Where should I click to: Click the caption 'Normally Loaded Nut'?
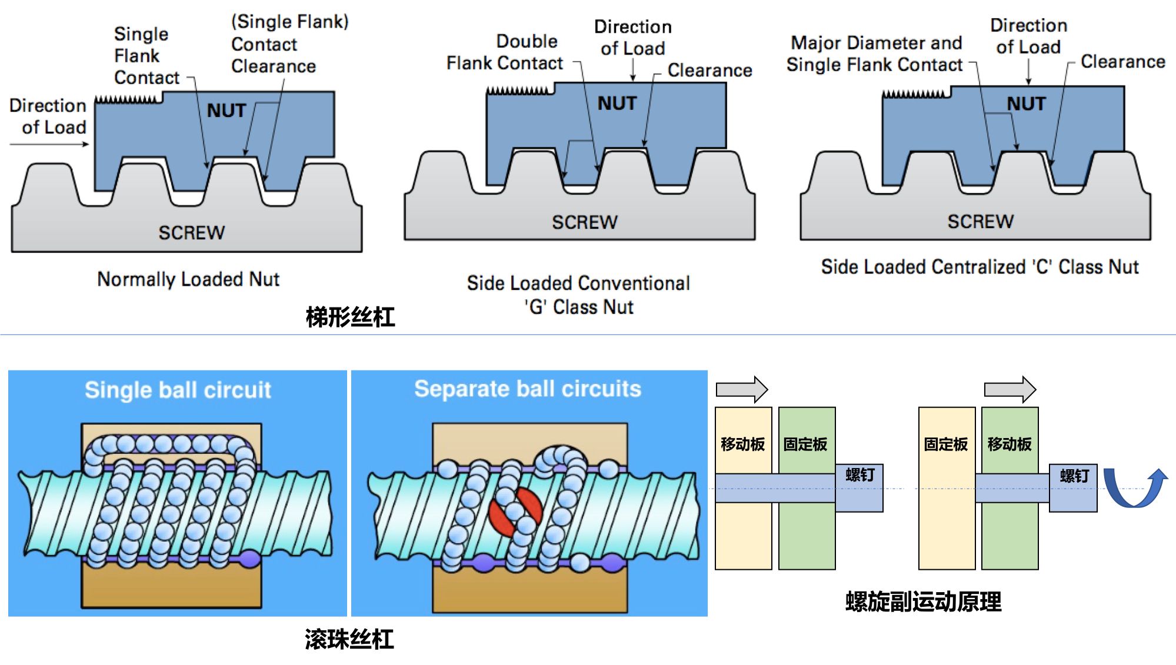tap(188, 279)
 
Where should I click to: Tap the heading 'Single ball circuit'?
tap(178, 390)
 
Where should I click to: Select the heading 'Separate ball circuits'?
tap(528, 389)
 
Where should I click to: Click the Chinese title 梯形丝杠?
tap(350, 318)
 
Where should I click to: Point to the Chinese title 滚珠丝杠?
tap(349, 640)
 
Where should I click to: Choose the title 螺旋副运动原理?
tap(923, 602)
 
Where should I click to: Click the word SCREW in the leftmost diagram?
tap(191, 233)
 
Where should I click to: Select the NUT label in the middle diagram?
tap(617, 103)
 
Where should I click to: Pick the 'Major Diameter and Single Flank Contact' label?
tap(875, 54)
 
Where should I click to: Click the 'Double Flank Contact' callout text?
tap(505, 52)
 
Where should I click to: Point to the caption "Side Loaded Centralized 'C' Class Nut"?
tap(980, 267)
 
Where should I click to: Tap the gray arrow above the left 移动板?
tap(742, 389)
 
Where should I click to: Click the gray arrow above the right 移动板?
tap(1010, 389)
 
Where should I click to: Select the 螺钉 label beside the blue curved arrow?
tap(1074, 476)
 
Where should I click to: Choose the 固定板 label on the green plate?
tap(805, 445)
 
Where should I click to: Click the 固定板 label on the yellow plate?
tap(945, 445)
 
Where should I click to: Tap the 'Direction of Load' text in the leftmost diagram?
tap(48, 116)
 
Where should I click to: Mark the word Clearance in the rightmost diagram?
tap(1122, 62)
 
